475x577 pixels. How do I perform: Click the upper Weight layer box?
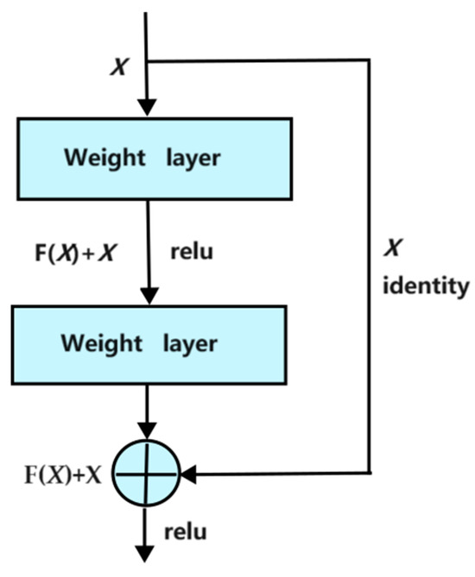click(152, 159)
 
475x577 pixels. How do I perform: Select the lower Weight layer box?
click(152, 342)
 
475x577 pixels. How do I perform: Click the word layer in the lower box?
click(192, 342)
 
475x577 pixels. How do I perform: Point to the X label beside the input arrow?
click(122, 67)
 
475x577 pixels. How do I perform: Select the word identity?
click(426, 285)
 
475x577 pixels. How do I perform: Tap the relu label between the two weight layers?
click(193, 253)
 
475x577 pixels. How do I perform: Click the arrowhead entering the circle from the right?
click(187, 473)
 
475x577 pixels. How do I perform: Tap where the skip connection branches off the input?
click(148, 61)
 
